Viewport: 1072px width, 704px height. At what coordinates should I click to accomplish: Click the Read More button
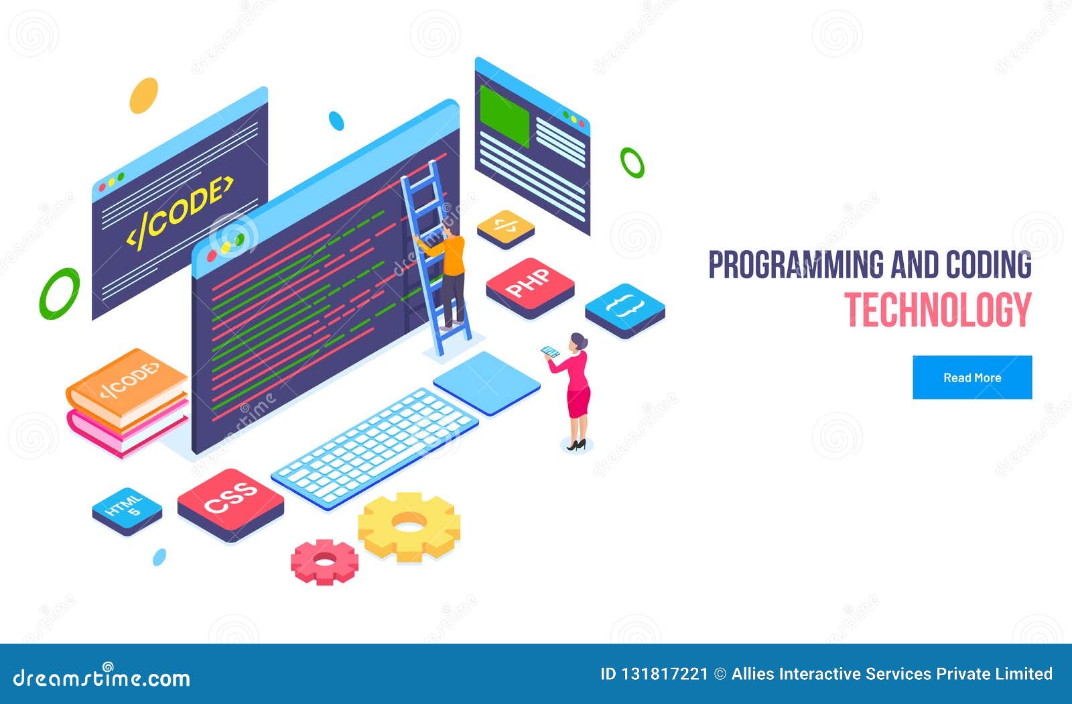[972, 377]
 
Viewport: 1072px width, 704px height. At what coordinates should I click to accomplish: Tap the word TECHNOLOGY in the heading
[937, 310]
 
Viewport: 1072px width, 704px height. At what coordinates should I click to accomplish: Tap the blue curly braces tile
[624, 308]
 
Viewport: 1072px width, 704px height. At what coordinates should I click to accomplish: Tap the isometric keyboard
[375, 445]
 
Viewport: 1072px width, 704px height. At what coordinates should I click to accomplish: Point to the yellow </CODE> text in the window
[180, 211]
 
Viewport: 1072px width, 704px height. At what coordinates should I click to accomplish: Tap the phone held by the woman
[550, 351]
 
